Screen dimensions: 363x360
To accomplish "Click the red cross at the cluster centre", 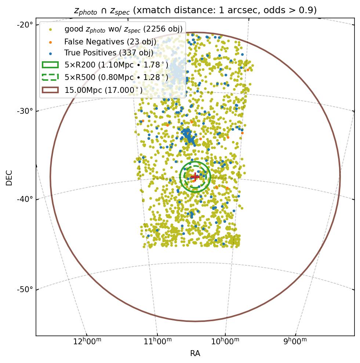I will click(x=195, y=177).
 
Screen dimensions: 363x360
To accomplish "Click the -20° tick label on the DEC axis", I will click(x=25, y=25).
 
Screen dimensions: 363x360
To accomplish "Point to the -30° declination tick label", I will click(x=25, y=111).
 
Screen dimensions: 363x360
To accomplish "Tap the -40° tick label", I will click(x=25, y=199).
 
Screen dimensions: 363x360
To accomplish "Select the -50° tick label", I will click(x=25, y=290).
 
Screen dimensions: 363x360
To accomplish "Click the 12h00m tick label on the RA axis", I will click(x=87, y=341).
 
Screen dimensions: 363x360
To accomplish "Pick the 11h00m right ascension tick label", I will click(x=157, y=341).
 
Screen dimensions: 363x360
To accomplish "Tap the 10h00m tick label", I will click(x=225, y=341).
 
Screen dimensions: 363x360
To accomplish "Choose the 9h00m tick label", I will click(x=295, y=341).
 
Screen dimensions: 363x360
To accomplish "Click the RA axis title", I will click(x=195, y=353).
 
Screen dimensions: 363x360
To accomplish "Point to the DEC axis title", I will click(x=9, y=177).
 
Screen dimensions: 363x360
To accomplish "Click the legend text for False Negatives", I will click(x=110, y=42).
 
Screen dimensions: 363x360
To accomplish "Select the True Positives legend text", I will click(x=109, y=53).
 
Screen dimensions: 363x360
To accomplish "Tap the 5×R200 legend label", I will click(x=116, y=65).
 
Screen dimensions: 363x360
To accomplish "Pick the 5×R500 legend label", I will click(x=116, y=77).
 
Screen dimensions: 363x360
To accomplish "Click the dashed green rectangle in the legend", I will click(x=50, y=77).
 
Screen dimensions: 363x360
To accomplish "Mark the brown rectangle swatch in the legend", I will click(x=50, y=90).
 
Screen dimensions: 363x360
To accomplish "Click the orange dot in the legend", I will click(x=50, y=42).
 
